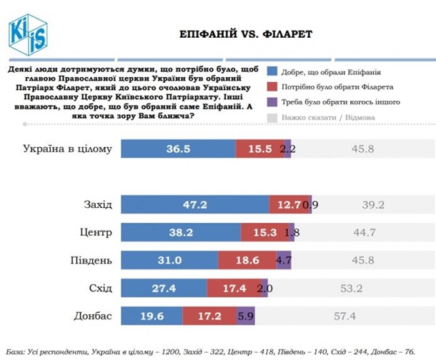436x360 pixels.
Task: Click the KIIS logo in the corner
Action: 26,29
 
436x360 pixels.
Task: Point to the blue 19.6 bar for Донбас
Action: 151,315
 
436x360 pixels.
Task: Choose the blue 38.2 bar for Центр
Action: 180,233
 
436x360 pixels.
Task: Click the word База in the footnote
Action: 16,351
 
